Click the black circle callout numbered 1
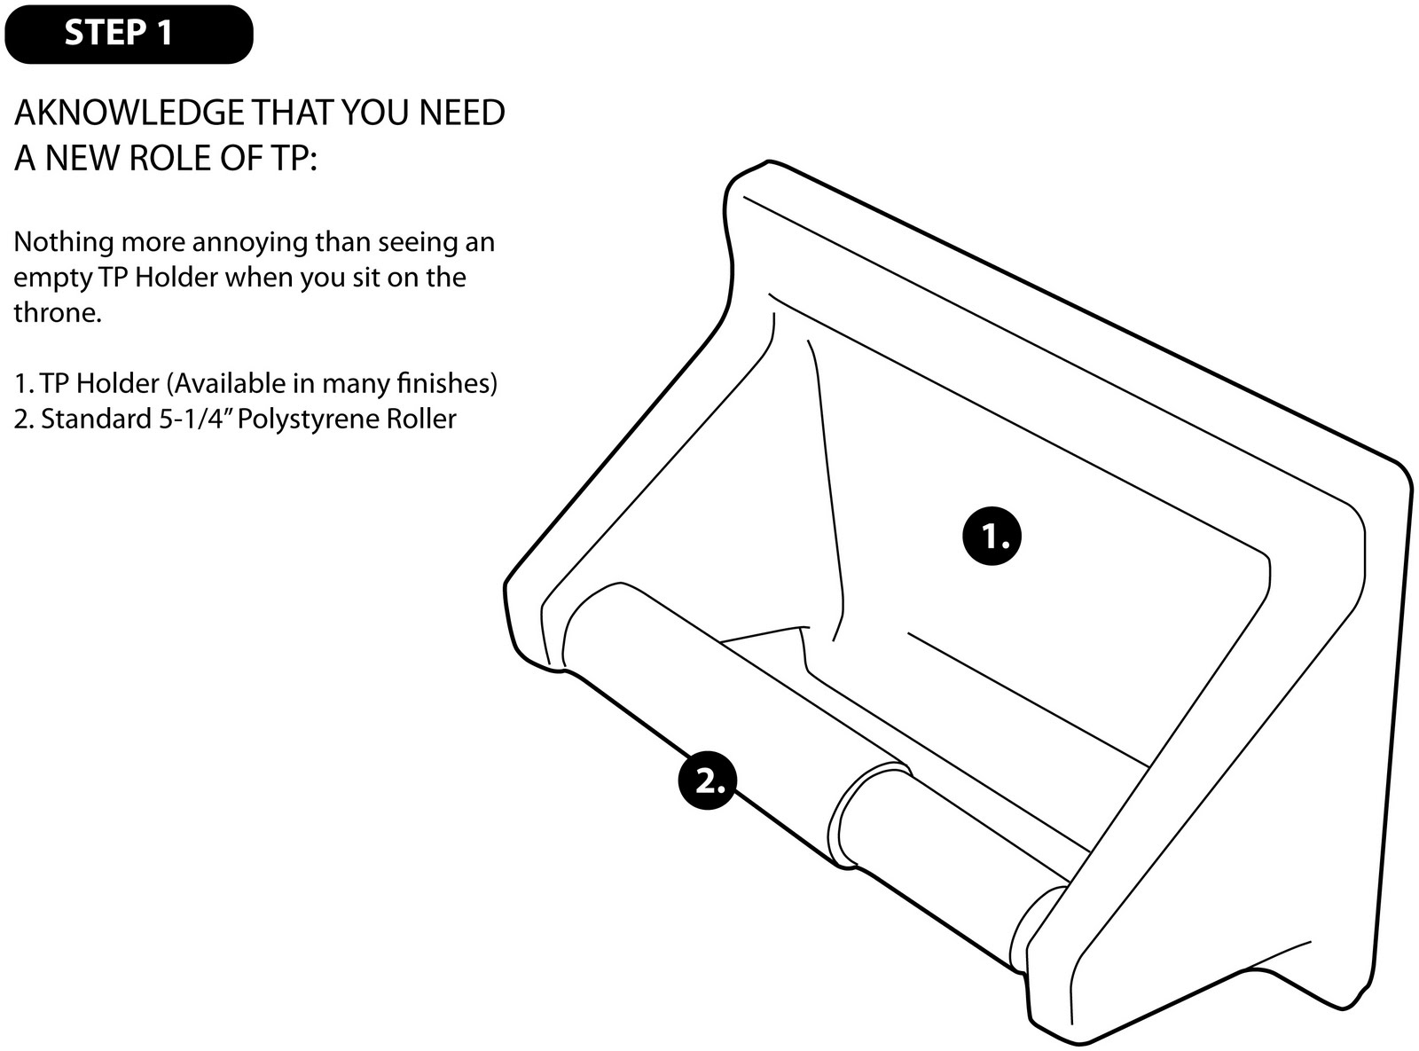coord(992,536)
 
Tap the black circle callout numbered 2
coord(707,781)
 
